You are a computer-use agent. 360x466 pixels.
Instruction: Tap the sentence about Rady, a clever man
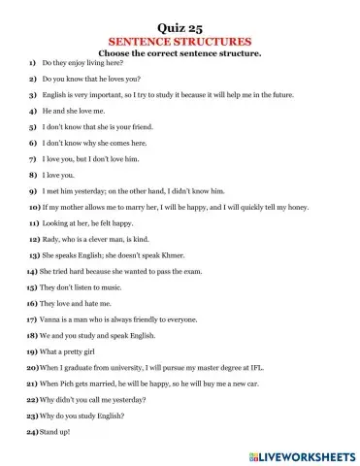pyautogui.click(x=97, y=238)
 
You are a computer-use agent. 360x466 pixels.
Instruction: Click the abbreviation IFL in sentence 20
pyautogui.click(x=256, y=367)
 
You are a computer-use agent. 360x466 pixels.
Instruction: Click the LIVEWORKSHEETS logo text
pyautogui.click(x=300, y=453)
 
